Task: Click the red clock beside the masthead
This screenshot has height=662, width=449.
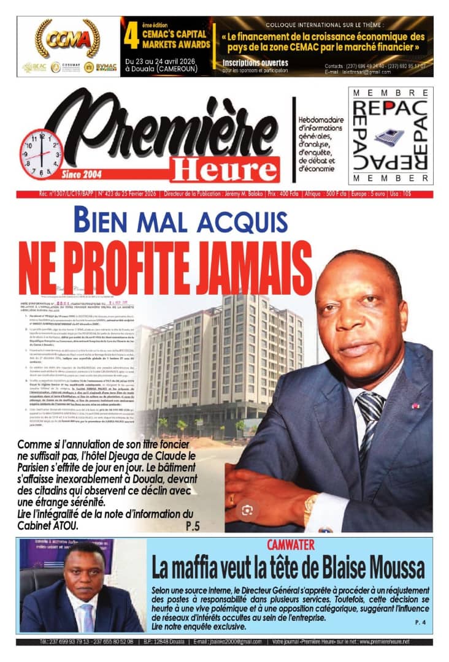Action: [41, 154]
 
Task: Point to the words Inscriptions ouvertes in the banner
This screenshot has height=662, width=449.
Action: [255, 63]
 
